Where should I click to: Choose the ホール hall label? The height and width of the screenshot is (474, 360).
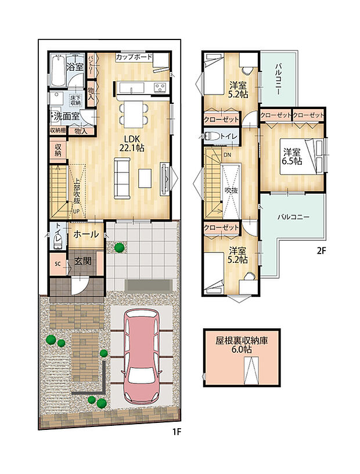[86, 234]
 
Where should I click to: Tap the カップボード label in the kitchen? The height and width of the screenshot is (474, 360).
[134, 57]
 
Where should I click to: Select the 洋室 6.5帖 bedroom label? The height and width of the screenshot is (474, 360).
[292, 157]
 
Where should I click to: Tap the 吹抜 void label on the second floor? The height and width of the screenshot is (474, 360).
[232, 190]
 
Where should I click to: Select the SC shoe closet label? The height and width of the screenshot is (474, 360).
[57, 263]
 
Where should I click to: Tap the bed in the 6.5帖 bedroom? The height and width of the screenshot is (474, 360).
[312, 158]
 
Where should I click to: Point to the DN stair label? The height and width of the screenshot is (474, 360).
[226, 155]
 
